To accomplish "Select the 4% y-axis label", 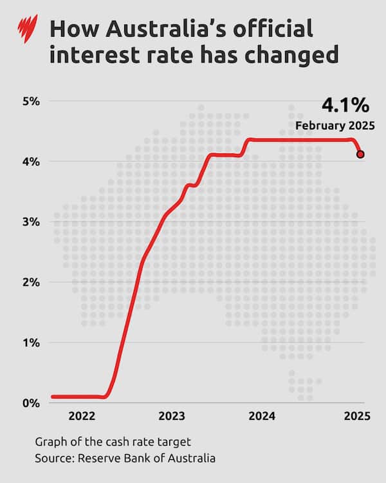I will point(31,161).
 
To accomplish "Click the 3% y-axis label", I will point(31,222).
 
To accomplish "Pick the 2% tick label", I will point(31,282).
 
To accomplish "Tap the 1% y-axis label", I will point(31,343).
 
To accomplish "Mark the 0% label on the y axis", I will point(31,403).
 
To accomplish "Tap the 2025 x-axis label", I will point(356,416).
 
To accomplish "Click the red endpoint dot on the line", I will point(360,154).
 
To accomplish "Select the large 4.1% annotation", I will point(345,105).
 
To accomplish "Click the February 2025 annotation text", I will point(334,125).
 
